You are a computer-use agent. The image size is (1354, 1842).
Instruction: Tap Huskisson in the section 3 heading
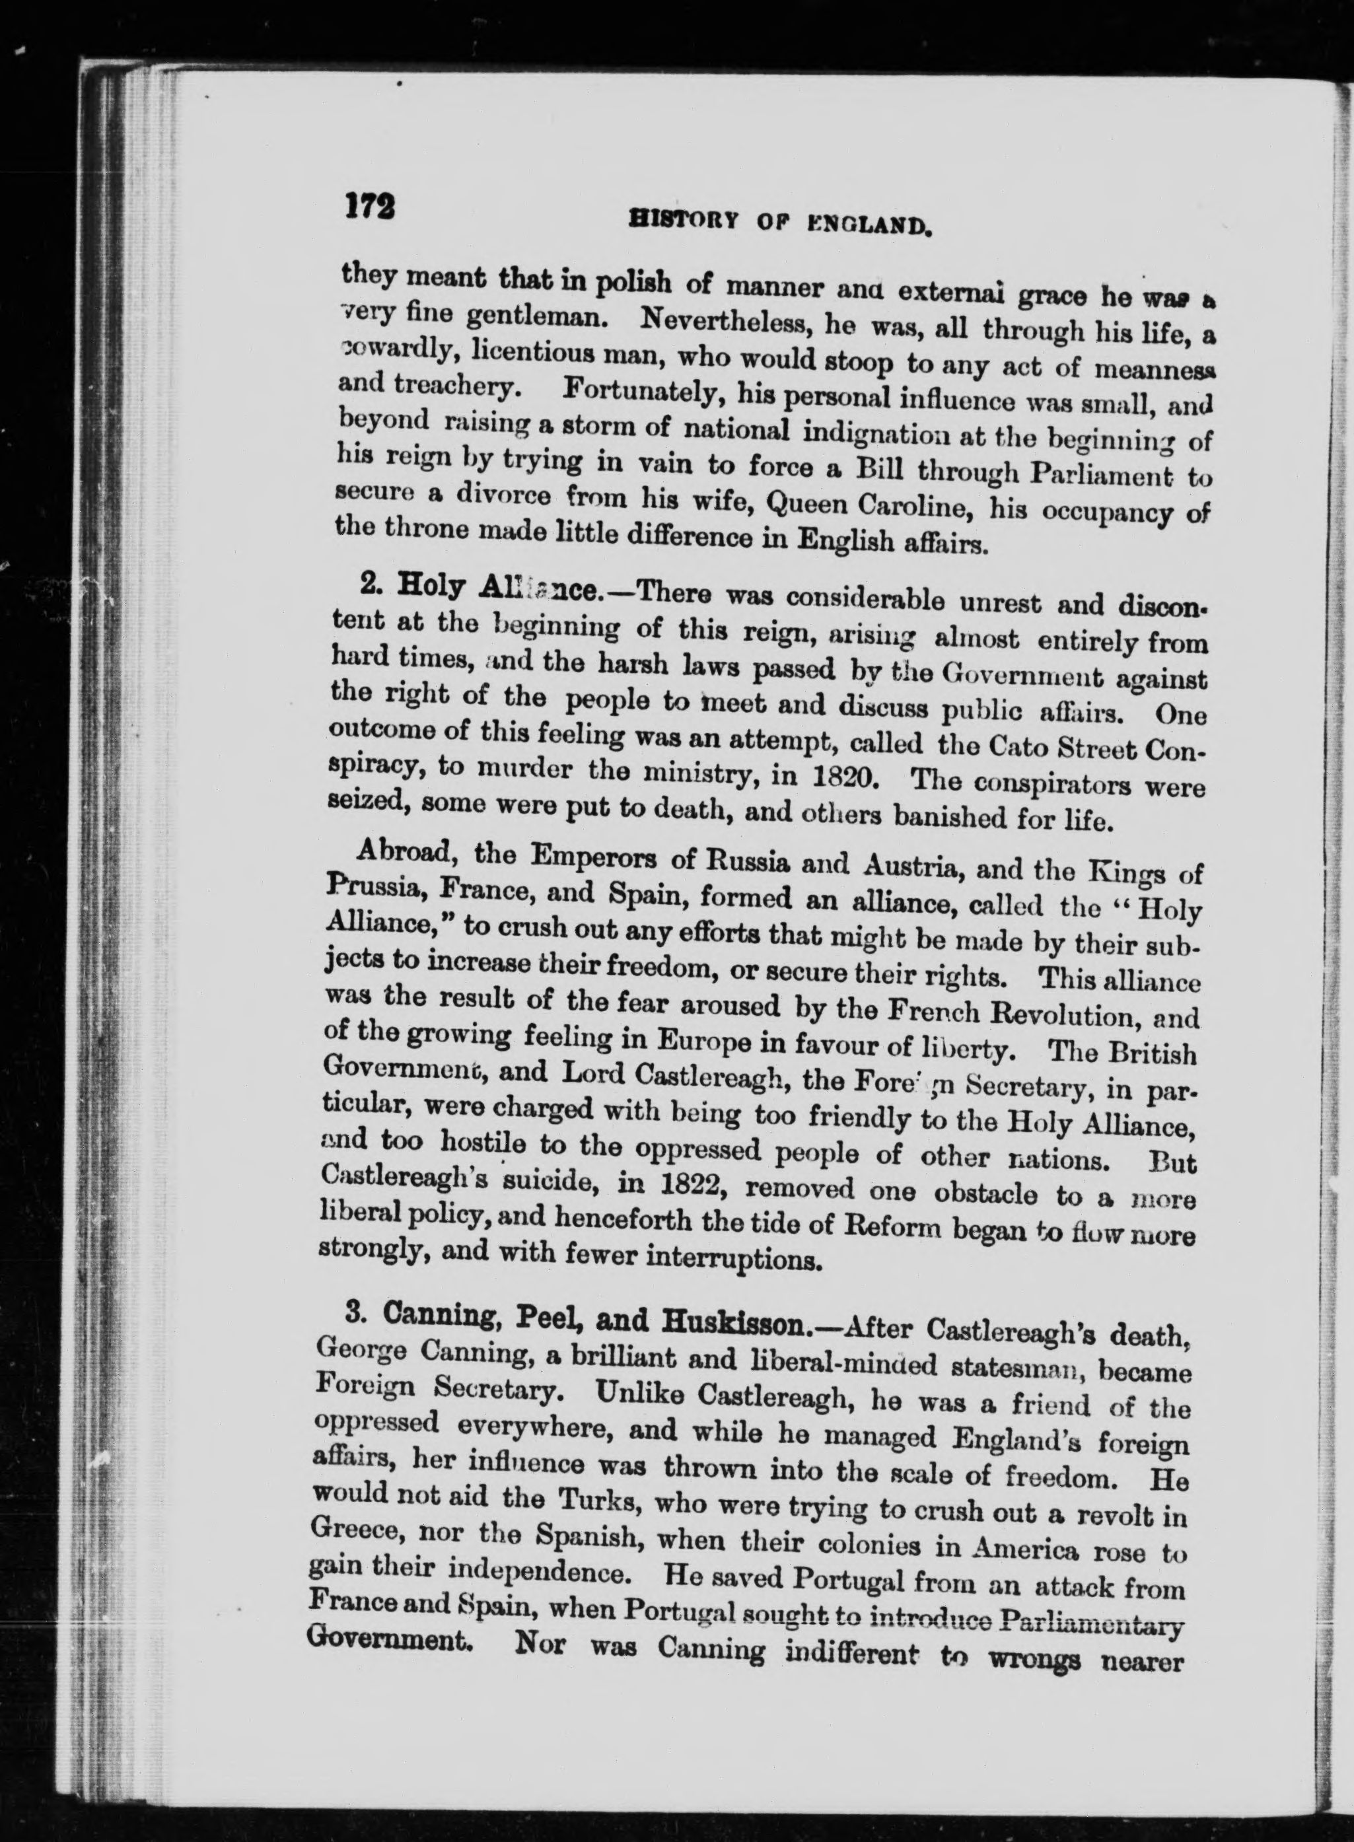point(746,1320)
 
